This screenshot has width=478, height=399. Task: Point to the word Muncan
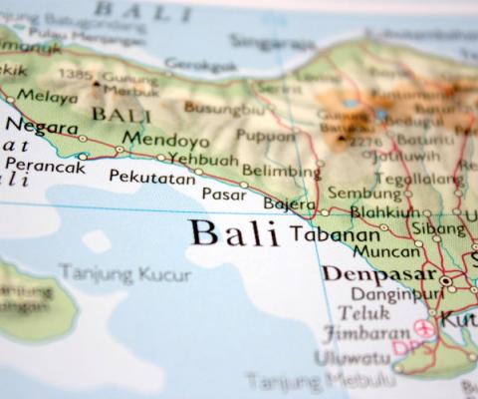tap(387, 251)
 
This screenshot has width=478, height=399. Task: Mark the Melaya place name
tap(49, 97)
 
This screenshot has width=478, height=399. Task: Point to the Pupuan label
tap(265, 136)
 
